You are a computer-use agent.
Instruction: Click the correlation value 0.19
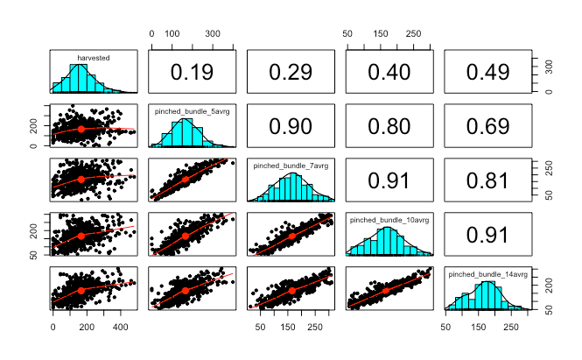pos(192,72)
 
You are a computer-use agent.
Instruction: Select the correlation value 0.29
pos(291,72)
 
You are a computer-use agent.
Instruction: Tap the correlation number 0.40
pos(389,72)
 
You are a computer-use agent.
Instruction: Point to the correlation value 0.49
pos(487,72)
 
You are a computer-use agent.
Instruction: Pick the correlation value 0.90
pos(291,126)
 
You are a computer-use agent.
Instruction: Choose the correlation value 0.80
pos(389,126)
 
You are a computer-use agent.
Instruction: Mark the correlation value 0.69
pos(487,126)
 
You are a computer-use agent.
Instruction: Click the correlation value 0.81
pos(487,180)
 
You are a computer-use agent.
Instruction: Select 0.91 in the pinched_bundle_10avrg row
pos(487,235)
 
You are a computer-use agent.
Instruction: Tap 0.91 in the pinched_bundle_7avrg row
pos(389,180)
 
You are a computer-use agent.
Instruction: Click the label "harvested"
pos(94,58)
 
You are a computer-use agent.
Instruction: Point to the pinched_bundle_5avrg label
pos(193,111)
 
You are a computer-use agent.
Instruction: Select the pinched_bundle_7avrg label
pos(291,166)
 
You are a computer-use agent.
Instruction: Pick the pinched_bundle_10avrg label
pos(389,220)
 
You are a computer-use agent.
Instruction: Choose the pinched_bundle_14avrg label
pos(488,274)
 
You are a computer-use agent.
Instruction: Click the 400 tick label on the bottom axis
pos(120,327)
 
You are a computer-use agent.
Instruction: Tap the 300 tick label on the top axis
pos(213,34)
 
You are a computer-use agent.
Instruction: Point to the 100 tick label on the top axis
pos(172,34)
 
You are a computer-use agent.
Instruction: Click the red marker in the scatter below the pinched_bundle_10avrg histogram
pos(386,291)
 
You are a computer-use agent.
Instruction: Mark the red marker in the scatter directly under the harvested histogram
pos(81,129)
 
